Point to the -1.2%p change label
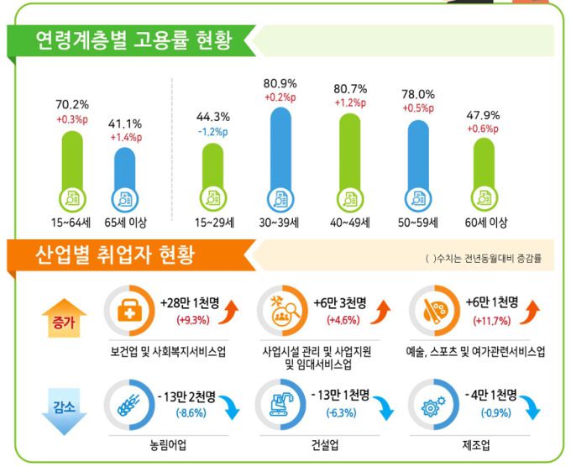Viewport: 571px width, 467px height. point(212,132)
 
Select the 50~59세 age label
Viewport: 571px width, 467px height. point(417,223)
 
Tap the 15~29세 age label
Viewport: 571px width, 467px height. point(212,223)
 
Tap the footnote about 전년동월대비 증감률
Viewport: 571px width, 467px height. point(483,258)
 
